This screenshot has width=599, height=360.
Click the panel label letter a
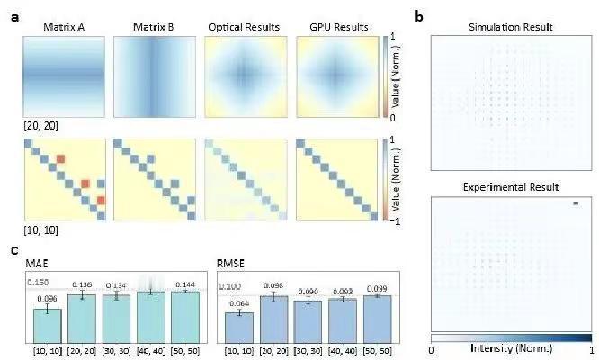[14, 17]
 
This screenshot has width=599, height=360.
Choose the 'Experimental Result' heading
[511, 186]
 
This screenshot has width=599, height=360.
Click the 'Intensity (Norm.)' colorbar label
[511, 347]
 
